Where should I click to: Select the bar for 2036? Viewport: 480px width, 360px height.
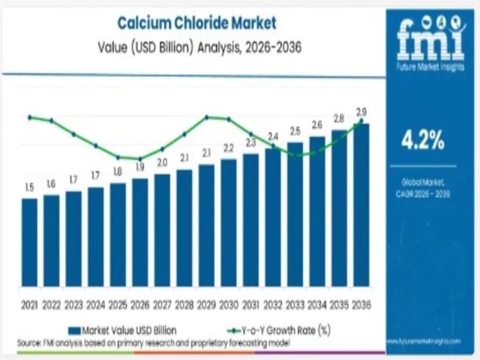361,204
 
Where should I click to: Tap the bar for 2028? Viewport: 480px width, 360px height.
184,227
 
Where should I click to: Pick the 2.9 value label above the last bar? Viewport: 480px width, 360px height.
361,112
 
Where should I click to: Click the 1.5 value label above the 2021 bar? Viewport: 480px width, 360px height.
29,188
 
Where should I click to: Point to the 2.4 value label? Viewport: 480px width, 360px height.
273,136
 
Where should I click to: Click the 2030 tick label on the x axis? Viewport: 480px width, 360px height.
229,305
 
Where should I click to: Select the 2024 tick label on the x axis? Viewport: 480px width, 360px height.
96,305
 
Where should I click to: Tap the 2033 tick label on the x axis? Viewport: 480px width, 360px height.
295,305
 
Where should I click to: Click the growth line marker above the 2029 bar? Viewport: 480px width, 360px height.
206,117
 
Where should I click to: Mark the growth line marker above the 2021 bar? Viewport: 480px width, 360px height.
29,117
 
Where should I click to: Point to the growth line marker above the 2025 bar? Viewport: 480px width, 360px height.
118,157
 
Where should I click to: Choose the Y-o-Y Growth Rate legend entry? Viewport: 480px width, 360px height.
278,330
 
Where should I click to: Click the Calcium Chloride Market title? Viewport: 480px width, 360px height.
197,24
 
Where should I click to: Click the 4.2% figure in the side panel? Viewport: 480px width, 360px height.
423,142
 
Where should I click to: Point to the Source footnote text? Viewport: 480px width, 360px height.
154,343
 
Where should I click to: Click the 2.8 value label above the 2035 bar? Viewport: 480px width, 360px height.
339,118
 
